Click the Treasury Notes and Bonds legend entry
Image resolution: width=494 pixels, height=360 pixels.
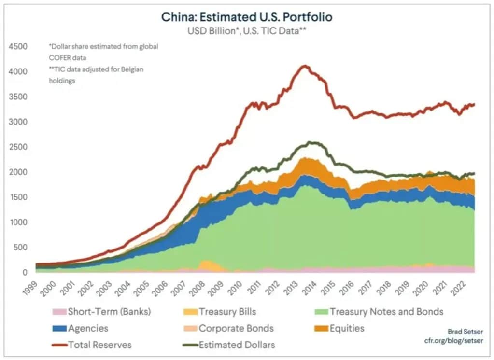point(386,311)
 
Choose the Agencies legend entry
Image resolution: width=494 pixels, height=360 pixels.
point(87,328)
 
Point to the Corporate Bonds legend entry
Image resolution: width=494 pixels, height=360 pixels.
point(236,328)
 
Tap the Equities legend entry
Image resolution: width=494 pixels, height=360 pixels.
point(347,328)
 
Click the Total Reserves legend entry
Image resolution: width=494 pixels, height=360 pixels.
point(99,345)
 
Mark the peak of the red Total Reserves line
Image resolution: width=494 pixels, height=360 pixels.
point(304,66)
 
